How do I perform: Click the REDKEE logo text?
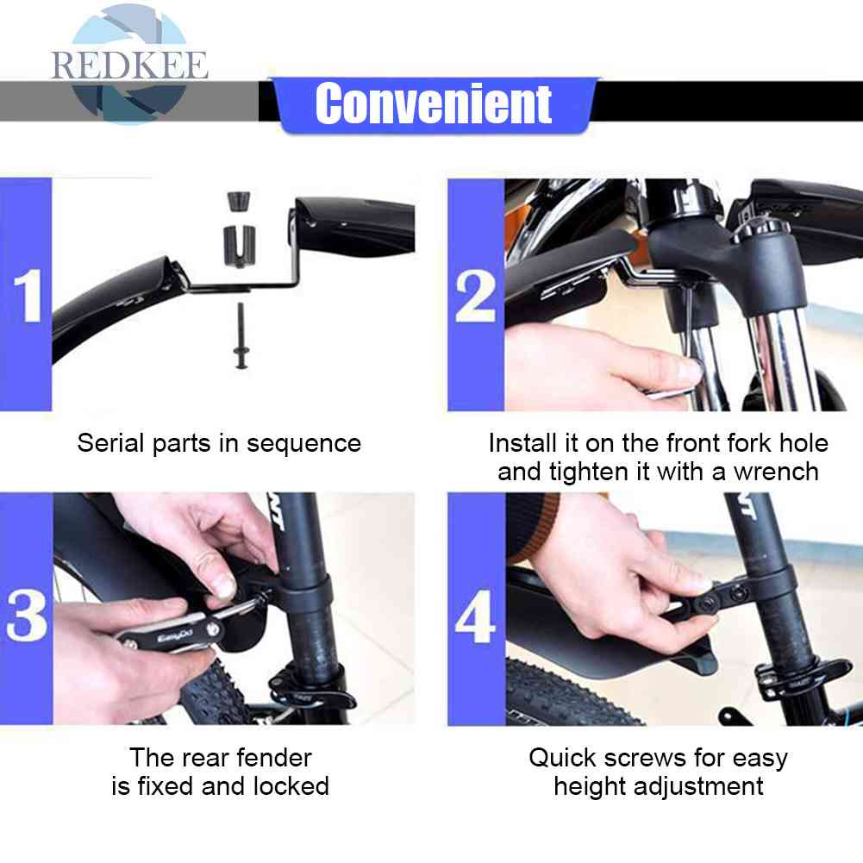point(130,66)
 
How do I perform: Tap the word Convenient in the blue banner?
point(434,103)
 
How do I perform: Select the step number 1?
point(28,296)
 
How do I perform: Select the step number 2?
point(476,297)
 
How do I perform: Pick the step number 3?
point(27,615)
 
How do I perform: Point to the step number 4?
point(476,616)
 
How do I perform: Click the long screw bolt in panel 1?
point(241,335)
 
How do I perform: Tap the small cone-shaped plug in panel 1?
point(238,201)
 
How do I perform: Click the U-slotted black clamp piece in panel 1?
point(240,246)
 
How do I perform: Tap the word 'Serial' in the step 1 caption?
point(111,443)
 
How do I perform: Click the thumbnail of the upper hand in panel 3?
point(224,587)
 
